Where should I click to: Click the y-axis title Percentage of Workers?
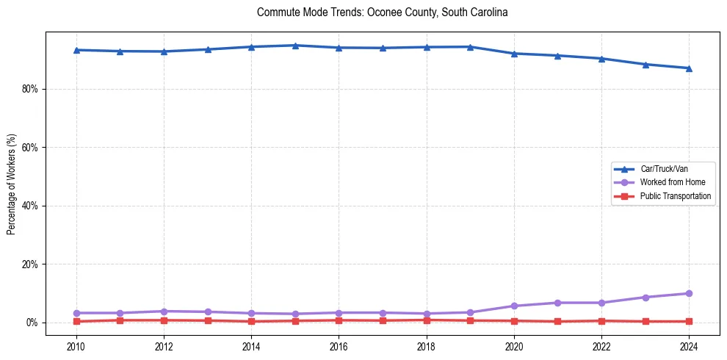[11, 184]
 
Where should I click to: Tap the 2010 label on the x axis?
[76, 346]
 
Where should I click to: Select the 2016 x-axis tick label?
[339, 346]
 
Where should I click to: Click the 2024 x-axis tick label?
[689, 346]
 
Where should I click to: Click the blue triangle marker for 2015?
[295, 46]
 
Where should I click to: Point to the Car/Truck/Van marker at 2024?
[689, 68]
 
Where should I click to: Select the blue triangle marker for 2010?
[76, 50]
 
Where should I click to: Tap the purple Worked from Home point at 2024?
[689, 293]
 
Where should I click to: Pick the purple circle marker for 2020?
[514, 306]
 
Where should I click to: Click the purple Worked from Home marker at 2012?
[164, 312]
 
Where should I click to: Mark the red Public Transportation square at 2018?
[426, 320]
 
